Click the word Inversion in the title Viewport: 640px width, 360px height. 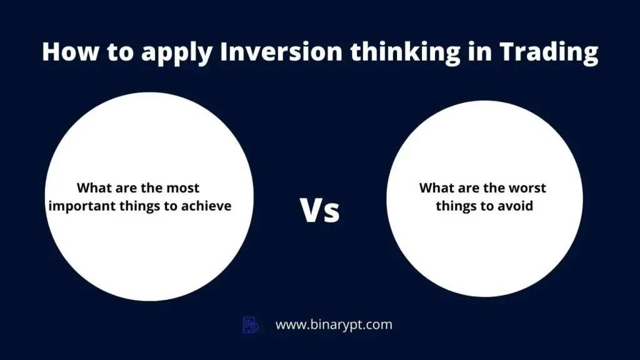pos(281,52)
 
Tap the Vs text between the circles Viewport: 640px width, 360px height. pos(319,210)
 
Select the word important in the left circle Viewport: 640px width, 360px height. pos(82,206)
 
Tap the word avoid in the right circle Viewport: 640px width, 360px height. pos(517,206)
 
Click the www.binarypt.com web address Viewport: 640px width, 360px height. pos(334,325)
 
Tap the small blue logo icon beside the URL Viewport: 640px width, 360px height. pos(251,325)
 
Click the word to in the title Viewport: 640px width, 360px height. pos(121,52)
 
